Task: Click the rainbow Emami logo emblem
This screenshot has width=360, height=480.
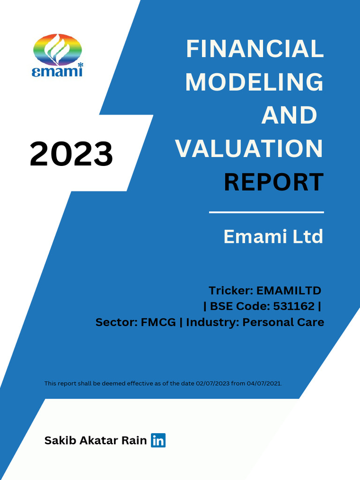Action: click(x=58, y=49)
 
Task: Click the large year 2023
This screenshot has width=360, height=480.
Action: click(x=71, y=154)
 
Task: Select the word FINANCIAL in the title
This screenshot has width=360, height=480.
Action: click(x=255, y=49)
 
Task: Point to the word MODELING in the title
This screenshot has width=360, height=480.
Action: click(x=254, y=82)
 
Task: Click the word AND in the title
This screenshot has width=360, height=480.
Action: click(x=289, y=115)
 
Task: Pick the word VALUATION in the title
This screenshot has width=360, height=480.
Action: click(x=249, y=149)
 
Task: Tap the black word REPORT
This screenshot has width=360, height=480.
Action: click(x=273, y=182)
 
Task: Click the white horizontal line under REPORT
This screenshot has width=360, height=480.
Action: click(x=266, y=212)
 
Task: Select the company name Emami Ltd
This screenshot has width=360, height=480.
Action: click(x=273, y=237)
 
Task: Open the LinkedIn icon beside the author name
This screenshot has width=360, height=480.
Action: click(x=158, y=441)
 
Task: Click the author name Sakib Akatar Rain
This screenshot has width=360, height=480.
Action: click(x=96, y=441)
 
